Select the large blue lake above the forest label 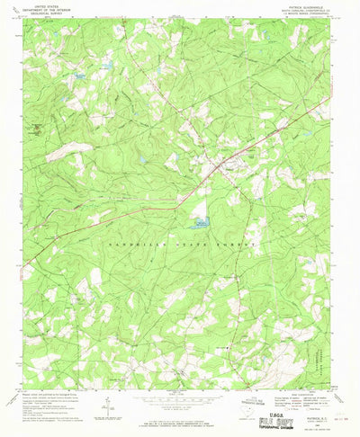click(x=199, y=221)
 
